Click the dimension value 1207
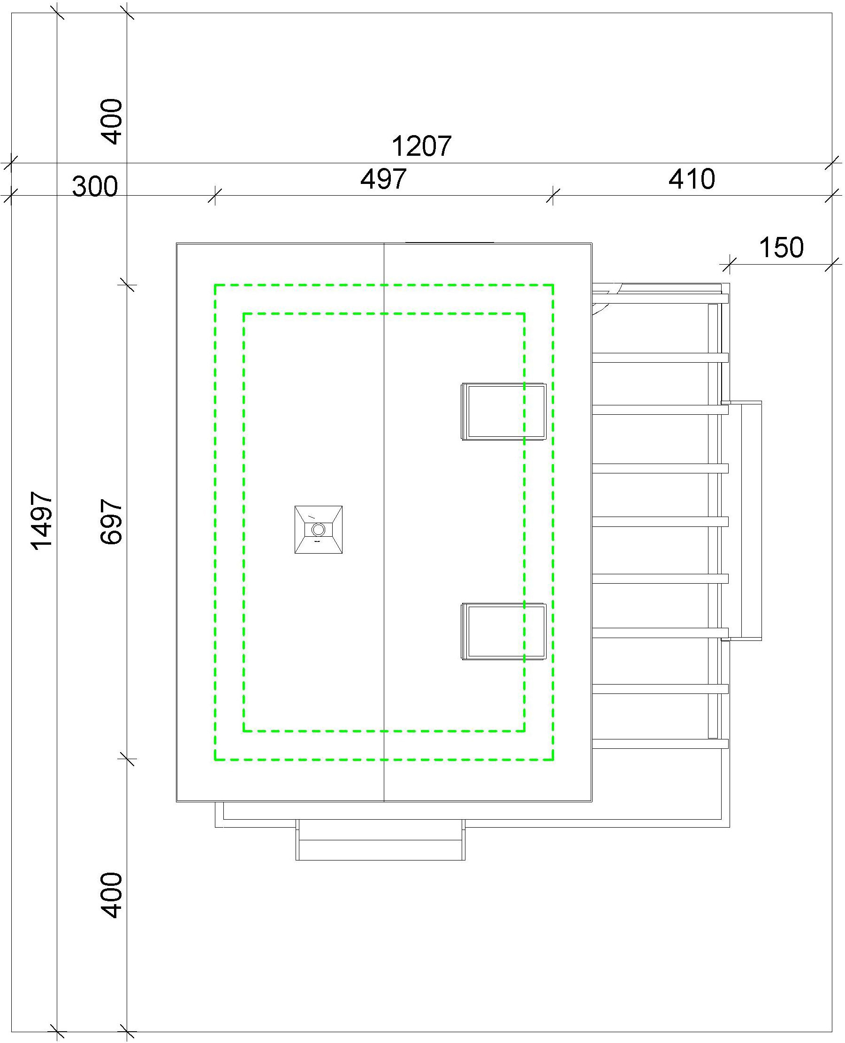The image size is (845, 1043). (421, 146)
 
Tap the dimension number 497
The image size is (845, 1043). (384, 179)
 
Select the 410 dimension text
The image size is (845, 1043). (692, 179)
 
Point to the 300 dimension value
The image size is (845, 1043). (95, 186)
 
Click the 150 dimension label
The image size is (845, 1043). (781, 247)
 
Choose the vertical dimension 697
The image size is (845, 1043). (111, 521)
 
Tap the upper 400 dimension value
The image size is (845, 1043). (111, 122)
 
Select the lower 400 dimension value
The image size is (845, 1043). (111, 896)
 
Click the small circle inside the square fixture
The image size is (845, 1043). (318, 529)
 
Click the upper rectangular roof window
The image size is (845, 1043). (504, 412)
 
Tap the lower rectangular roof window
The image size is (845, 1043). (504, 632)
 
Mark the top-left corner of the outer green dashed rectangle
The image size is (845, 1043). (215, 285)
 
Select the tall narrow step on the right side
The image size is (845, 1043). (741, 521)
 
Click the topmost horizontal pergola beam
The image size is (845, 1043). (660, 299)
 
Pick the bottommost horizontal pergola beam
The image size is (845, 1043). (660, 744)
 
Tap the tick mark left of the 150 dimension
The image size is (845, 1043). (729, 264)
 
